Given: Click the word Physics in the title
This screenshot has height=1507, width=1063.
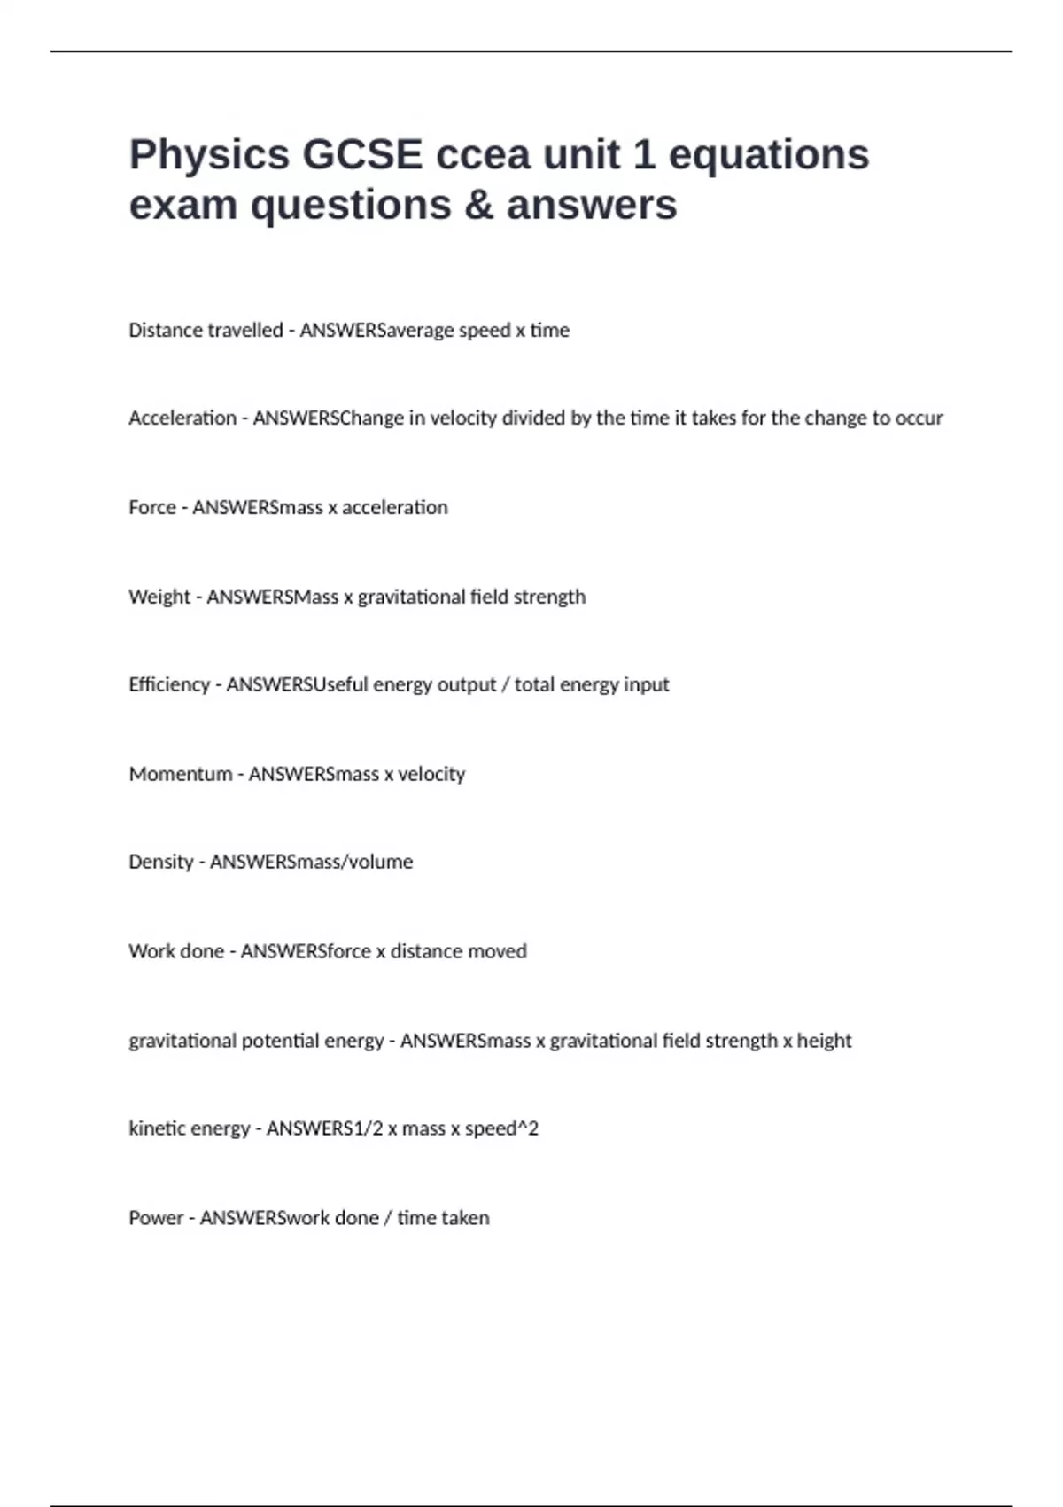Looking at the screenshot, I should [209, 156].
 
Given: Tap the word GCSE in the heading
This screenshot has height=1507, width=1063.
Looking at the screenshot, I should [362, 155].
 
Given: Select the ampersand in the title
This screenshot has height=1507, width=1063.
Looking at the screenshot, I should [478, 206].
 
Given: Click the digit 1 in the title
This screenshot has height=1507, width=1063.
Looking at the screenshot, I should [643, 155].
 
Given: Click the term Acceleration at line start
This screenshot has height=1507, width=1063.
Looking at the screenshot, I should [182, 418].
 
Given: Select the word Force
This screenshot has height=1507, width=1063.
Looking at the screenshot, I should [152, 507].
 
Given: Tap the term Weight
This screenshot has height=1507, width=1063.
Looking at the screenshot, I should [159, 597].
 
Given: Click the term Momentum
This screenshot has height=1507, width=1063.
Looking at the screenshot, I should [181, 774].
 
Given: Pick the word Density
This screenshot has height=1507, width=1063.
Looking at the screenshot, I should [160, 862].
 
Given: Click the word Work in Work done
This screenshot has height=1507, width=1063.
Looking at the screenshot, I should [151, 951].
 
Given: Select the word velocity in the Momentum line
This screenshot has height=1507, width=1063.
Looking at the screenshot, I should [431, 774].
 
